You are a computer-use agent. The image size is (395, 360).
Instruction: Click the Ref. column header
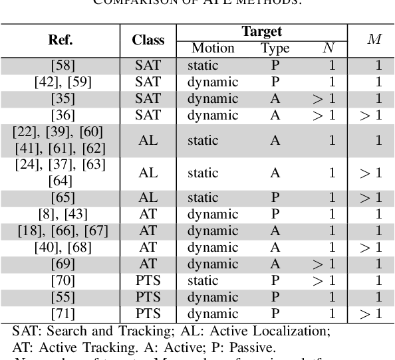[x=61, y=39]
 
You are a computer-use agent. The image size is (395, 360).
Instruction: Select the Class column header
[x=148, y=39]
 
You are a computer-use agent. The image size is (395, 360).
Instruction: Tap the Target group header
[x=261, y=31]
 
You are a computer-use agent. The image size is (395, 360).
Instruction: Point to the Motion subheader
[x=213, y=48]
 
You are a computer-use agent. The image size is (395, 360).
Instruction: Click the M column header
[x=374, y=39]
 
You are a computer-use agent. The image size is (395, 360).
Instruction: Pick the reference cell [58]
[x=61, y=66]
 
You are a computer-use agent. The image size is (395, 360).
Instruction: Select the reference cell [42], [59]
[x=61, y=82]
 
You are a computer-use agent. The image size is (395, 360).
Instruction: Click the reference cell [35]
[x=61, y=98]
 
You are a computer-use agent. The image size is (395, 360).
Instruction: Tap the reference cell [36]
[x=61, y=115]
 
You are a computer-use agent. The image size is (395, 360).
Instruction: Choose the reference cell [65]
[x=61, y=198]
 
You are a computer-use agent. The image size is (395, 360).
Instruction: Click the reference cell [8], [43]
[x=61, y=214]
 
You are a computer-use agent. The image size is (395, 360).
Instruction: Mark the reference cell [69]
[x=61, y=263]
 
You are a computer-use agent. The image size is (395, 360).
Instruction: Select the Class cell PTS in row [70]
[x=148, y=280]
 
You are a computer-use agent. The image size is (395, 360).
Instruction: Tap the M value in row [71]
[x=372, y=312]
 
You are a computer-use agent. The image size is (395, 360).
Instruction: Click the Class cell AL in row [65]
[x=148, y=198]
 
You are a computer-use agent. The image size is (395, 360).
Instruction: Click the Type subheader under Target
[x=275, y=48]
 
